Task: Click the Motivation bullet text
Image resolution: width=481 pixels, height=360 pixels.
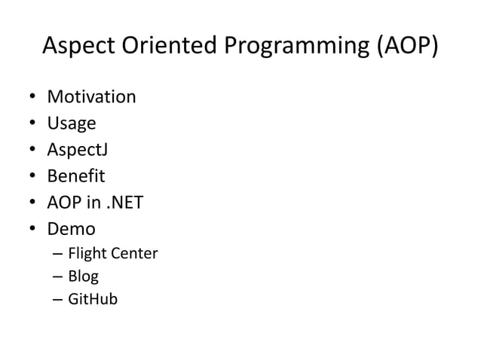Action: pyautogui.click(x=91, y=96)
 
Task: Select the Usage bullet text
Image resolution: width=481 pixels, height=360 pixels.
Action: pyautogui.click(x=72, y=123)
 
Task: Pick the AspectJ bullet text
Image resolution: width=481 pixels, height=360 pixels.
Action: pyautogui.click(x=78, y=149)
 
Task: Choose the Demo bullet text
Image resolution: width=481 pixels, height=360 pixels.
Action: pyautogui.click(x=72, y=227)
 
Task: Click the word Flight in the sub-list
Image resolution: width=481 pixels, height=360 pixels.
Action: pyautogui.click(x=86, y=253)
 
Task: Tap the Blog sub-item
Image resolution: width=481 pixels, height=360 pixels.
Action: pyautogui.click(x=83, y=276)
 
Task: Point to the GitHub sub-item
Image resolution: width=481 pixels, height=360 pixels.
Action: pyautogui.click(x=93, y=299)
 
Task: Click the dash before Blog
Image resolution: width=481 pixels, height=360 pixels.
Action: pyautogui.click(x=57, y=276)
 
